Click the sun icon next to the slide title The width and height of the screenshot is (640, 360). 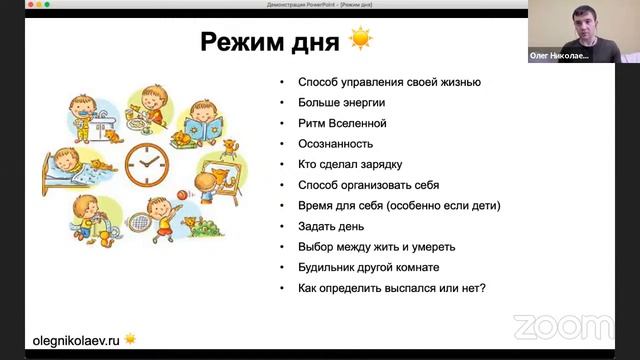[x=360, y=41]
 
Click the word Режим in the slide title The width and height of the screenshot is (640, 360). [x=243, y=42]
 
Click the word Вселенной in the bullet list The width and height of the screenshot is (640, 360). [x=358, y=123]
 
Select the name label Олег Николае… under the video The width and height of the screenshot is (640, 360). [x=559, y=57]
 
